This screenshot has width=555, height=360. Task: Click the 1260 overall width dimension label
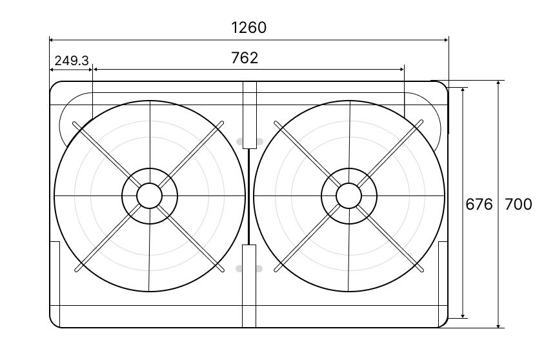pos(248,28)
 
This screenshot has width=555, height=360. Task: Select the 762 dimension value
pos(245,57)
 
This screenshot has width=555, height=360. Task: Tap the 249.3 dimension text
pos(72,61)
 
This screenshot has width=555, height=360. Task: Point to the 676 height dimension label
pos(479,205)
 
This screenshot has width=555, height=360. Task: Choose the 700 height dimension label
pos(518,205)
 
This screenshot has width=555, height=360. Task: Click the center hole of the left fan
pos(149,195)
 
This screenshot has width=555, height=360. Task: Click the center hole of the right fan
pos(349,195)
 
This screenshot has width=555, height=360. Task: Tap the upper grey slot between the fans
pos(250,141)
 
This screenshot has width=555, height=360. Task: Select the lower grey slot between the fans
pos(249,268)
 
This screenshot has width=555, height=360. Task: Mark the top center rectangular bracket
pos(250,115)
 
